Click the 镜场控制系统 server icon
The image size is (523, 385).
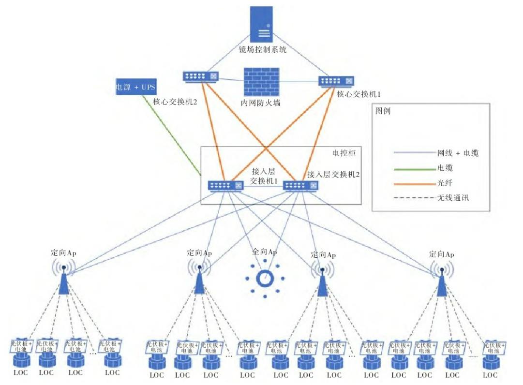pyautogui.click(x=261, y=24)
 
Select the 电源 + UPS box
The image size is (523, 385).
pyautogui.click(x=134, y=88)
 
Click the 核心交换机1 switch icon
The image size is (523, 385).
pyautogui.click(x=336, y=81)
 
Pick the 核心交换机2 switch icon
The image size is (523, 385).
pyautogui.click(x=201, y=76)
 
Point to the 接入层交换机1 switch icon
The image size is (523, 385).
pyautogui.click(x=225, y=185)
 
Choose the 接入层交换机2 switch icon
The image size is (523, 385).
pyautogui.click(x=300, y=185)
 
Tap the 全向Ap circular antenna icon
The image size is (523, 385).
pyautogui.click(x=265, y=279)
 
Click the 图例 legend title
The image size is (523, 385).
pyautogui.click(x=383, y=111)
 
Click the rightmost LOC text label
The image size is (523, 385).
pyautogui.click(x=490, y=375)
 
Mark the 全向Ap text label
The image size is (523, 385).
pyautogui.click(x=264, y=252)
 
